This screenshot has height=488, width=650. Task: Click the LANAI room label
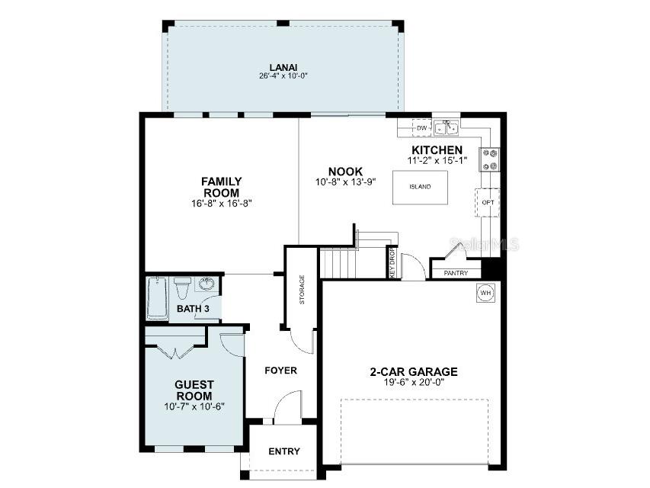[283, 66]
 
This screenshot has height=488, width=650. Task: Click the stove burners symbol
[488, 159]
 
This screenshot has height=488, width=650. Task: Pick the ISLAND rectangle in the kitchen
[420, 187]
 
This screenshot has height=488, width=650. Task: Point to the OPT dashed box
[488, 202]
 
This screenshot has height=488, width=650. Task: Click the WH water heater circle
[484, 292]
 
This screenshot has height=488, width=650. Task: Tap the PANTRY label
[456, 273]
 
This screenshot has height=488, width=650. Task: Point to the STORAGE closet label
[302, 289]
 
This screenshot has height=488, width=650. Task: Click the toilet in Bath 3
[181, 290]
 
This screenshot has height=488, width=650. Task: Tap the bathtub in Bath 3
[156, 299]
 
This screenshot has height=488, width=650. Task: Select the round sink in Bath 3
[206, 285]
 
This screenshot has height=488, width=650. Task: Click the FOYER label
[280, 371]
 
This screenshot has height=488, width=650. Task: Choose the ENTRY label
[283, 451]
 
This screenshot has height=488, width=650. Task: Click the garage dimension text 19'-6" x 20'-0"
[414, 384]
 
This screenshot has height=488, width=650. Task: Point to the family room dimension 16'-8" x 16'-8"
[222, 204]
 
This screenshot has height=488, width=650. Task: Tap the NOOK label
[345, 172]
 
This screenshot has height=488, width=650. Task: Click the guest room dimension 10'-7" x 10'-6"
[194, 406]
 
